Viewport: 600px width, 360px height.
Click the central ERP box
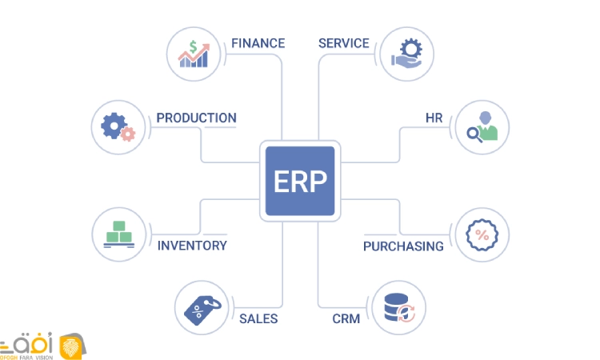tap(300, 181)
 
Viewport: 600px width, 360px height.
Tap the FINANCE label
tap(258, 43)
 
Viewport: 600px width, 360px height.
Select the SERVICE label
tap(343, 43)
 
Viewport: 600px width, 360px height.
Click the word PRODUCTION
tap(196, 118)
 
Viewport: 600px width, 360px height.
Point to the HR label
tap(434, 118)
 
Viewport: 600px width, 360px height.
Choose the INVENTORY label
tap(192, 246)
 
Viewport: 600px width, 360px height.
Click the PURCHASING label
tap(403, 246)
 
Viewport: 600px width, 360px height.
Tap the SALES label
tap(258, 318)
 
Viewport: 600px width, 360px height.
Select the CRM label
tap(346, 318)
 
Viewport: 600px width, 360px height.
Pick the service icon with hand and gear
tap(406, 54)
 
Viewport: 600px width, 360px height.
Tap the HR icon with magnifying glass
tap(482, 127)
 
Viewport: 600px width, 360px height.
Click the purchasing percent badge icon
tap(482, 234)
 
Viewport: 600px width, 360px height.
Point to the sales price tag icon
tap(200, 309)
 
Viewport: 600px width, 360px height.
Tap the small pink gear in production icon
tap(127, 134)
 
